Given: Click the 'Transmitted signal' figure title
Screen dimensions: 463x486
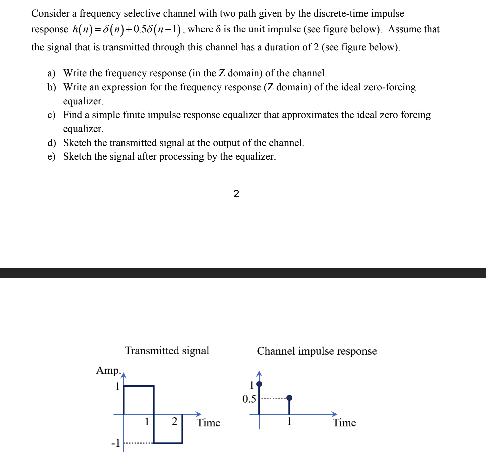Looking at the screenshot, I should (x=167, y=351).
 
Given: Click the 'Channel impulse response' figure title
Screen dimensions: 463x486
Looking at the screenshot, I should (x=317, y=351).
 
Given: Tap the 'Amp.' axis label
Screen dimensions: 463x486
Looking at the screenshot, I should (x=108, y=370).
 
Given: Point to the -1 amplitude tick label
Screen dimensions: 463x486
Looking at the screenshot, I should (x=115, y=443).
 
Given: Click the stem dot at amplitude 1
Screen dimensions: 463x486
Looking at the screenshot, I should (x=259, y=384).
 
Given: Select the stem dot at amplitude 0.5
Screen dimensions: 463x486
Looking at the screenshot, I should (x=289, y=398).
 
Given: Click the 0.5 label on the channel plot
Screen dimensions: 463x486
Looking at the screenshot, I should (x=249, y=399).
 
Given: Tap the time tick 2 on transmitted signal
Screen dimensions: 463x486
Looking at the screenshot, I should (x=174, y=421).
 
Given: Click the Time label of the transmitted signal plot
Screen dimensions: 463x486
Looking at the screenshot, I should (x=208, y=423).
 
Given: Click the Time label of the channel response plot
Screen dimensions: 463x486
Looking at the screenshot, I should (x=344, y=423).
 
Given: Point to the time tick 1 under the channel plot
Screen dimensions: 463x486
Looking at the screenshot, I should (x=289, y=421).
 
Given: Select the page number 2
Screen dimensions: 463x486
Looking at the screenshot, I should (x=236, y=194).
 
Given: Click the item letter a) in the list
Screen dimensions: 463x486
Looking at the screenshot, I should (x=51, y=73).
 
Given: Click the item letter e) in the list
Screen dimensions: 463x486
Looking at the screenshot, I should (x=51, y=156).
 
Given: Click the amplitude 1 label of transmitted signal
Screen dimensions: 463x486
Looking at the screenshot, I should (x=117, y=386).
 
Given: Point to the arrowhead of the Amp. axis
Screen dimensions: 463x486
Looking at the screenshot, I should (x=123, y=374).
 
